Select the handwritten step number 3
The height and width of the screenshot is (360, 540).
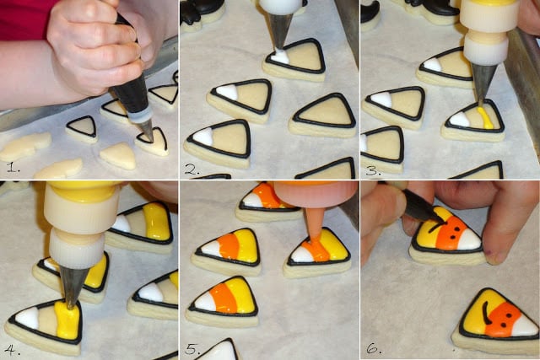click(x=373, y=170)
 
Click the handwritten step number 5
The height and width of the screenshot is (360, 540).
click(x=192, y=350)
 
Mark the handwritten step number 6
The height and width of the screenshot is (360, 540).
click(x=373, y=349)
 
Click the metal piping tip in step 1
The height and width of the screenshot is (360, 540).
click(x=147, y=129)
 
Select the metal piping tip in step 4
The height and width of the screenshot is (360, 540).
click(x=73, y=287)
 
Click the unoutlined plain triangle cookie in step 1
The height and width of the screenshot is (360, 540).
click(x=118, y=156)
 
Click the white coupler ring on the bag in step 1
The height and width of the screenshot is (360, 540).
click(x=141, y=115)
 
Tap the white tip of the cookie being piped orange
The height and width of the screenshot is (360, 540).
click(x=301, y=255)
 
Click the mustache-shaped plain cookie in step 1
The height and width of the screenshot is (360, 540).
click(x=24, y=147)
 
